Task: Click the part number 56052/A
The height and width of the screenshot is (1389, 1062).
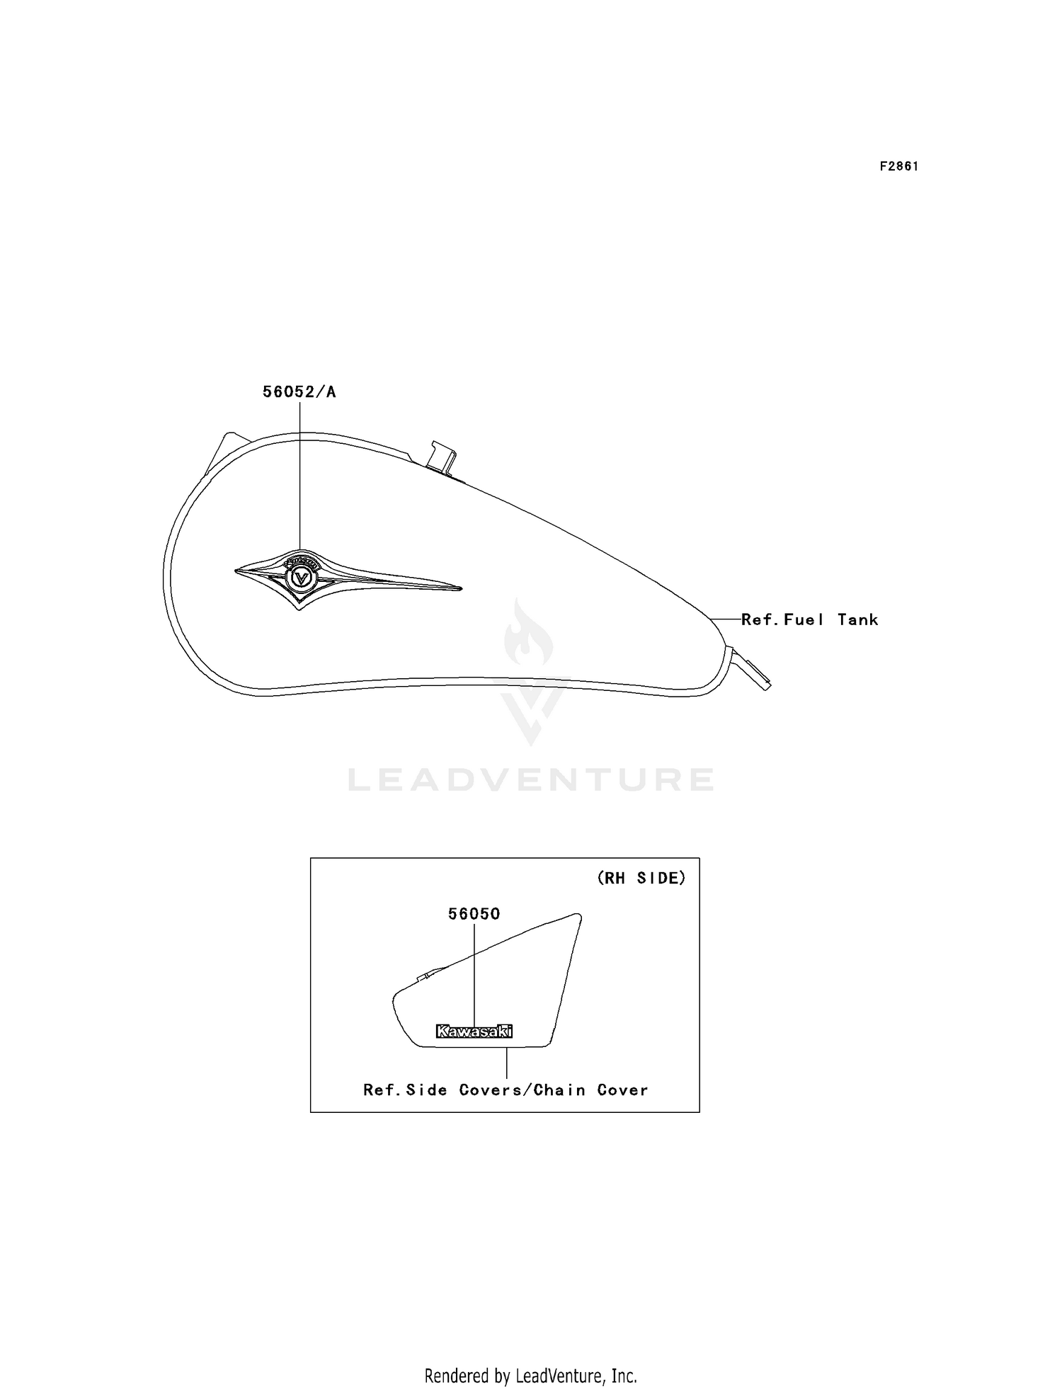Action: pos(299,391)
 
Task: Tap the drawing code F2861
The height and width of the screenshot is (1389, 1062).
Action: pos(899,166)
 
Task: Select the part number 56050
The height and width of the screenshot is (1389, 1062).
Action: pos(474,914)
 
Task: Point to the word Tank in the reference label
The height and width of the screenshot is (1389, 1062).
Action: pos(857,619)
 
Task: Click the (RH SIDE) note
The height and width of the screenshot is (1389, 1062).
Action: pos(641,878)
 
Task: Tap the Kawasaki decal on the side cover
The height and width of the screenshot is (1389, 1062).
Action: pos(474,1031)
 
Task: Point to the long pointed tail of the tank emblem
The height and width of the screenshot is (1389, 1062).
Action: pos(396,581)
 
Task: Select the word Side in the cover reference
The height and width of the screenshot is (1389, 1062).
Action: pos(427,1090)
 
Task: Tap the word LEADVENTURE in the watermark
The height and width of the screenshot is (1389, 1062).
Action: pos(531,779)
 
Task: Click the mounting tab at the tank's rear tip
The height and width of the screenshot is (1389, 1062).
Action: pos(752,668)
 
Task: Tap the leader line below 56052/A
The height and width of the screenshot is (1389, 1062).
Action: pos(299,475)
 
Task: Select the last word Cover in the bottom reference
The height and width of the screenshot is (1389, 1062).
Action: pos(622,1090)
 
